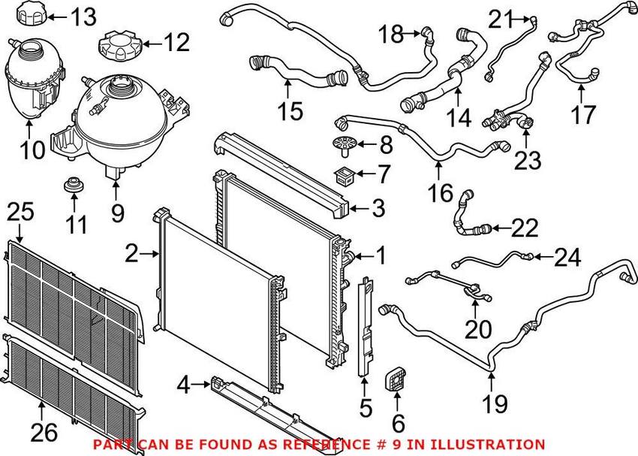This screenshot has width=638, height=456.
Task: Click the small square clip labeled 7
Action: [345, 177]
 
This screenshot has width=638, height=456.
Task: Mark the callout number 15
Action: [289, 111]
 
